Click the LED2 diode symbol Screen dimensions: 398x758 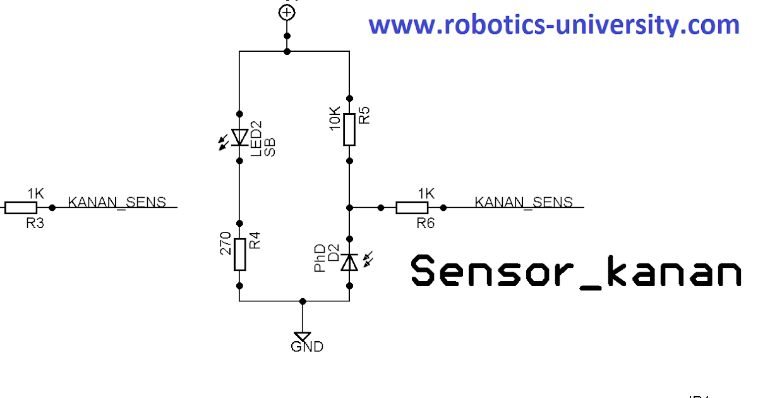(239, 136)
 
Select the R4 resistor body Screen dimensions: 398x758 (239, 255)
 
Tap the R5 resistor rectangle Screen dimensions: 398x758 (350, 129)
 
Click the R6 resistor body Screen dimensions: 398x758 (413, 207)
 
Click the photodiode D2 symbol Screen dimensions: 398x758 (349, 262)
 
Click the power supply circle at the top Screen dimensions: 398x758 (287, 11)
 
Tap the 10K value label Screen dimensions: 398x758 (335, 119)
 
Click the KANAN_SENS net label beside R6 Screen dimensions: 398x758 (524, 202)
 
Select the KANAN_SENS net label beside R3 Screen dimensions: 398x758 (117, 202)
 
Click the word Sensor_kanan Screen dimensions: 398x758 (575, 272)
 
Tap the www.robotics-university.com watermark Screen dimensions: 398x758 (553, 25)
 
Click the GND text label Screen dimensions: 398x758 (307, 347)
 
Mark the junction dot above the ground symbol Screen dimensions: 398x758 (303, 301)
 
